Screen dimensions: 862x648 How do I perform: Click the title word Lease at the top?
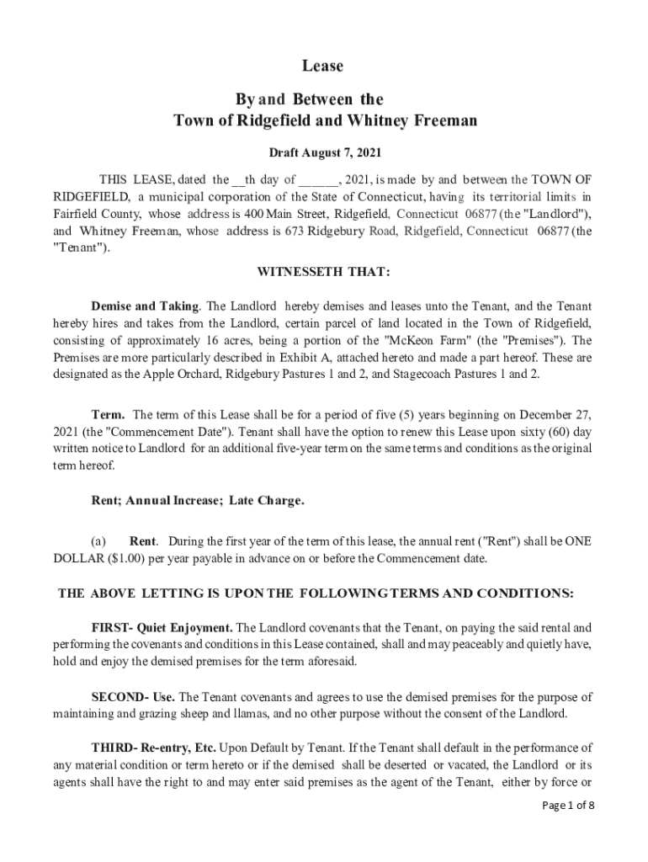click(x=323, y=66)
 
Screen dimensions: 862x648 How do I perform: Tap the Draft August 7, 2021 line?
click(x=324, y=153)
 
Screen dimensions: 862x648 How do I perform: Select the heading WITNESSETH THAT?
click(x=323, y=271)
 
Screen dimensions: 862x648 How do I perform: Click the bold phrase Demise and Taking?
click(x=145, y=306)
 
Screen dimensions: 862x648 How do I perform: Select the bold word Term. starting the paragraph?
click(x=109, y=415)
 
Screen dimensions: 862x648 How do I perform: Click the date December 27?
click(x=557, y=415)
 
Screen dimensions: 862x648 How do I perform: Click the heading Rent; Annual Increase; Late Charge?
click(x=198, y=501)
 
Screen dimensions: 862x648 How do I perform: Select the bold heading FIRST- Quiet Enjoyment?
click(x=162, y=627)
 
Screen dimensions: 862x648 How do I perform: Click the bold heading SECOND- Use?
click(x=133, y=697)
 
